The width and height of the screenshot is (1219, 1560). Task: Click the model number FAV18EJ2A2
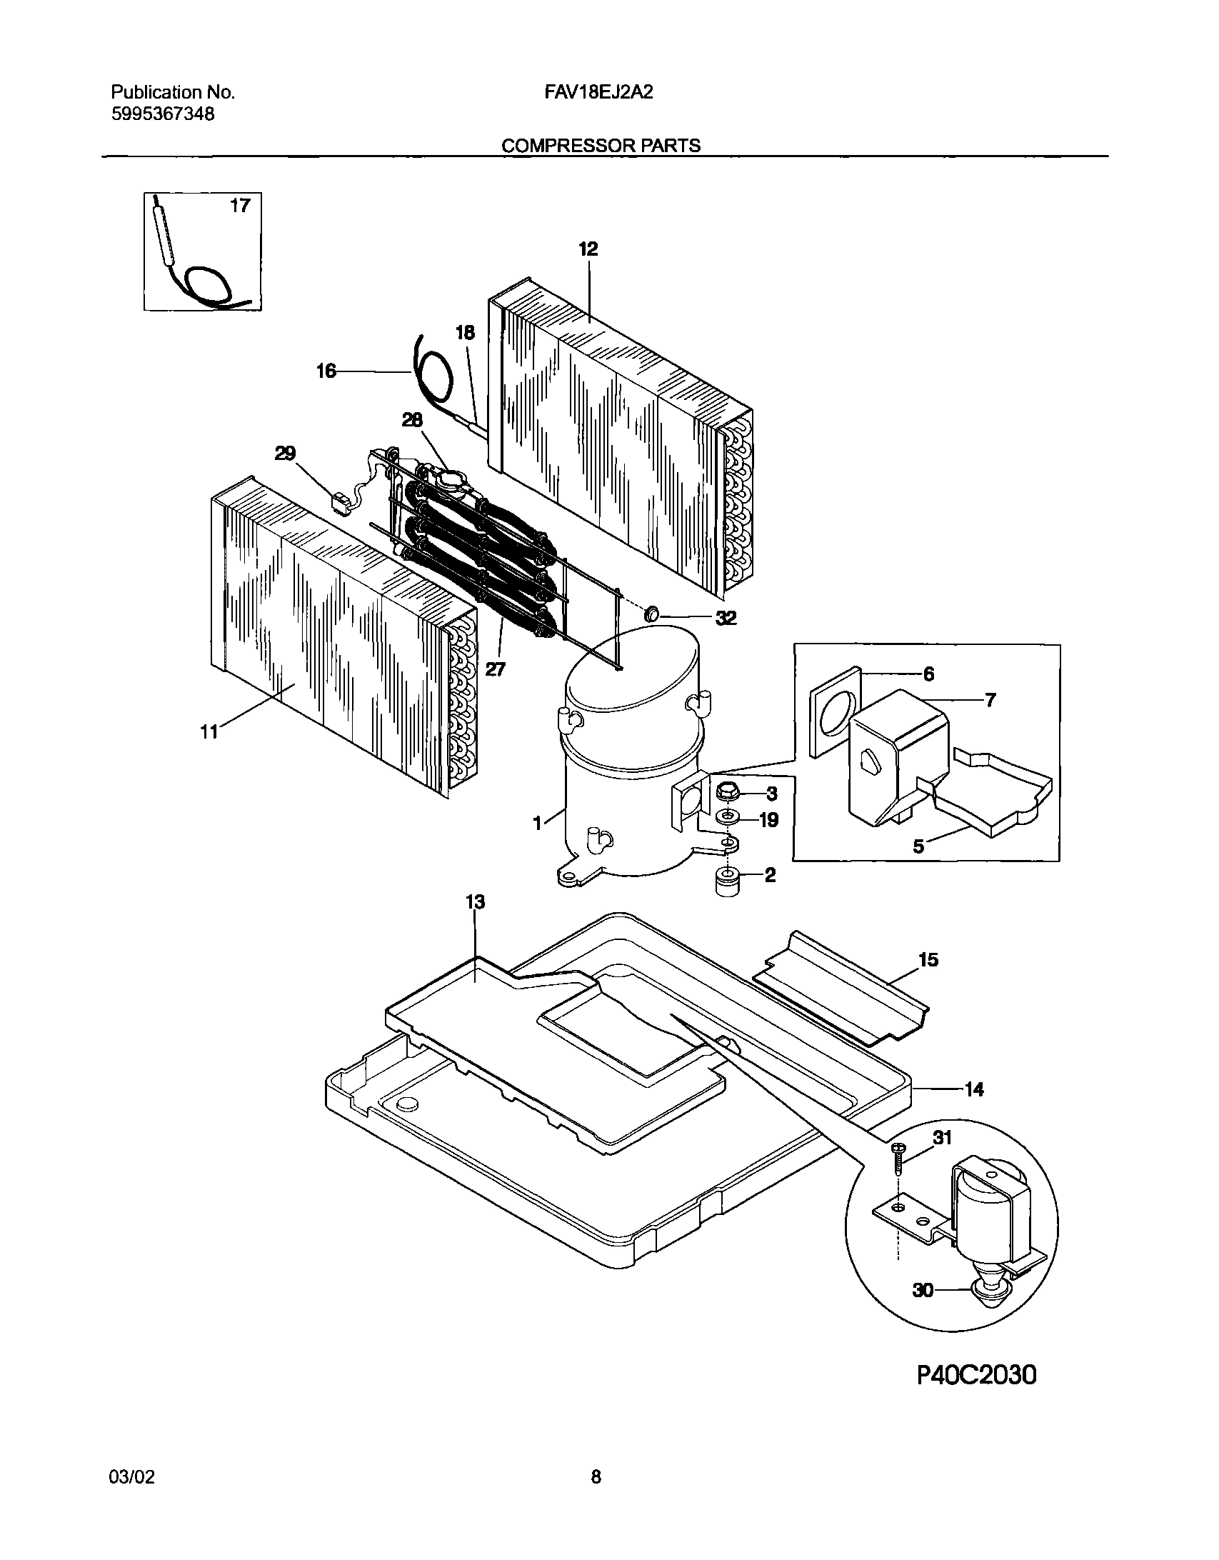click(602, 92)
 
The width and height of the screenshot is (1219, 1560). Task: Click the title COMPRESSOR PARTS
click(601, 146)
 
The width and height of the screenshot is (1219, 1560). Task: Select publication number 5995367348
click(163, 114)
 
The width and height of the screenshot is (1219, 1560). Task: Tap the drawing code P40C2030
click(976, 1374)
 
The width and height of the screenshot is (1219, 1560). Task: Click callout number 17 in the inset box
click(240, 206)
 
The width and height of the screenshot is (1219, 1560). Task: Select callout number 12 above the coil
click(588, 249)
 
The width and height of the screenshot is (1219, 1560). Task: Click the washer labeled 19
click(728, 817)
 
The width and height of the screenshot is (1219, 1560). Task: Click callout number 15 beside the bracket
click(928, 959)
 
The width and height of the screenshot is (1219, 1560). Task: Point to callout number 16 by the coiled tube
click(326, 371)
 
